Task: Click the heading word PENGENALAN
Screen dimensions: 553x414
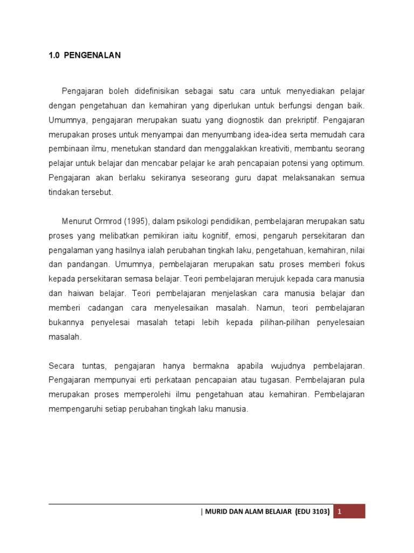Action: [92, 55]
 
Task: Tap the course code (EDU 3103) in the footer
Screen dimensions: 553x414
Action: [312, 511]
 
